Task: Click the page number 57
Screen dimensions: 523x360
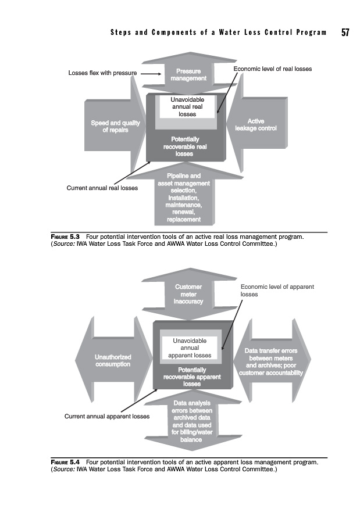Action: click(345, 33)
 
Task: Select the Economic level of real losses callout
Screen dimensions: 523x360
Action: click(272, 69)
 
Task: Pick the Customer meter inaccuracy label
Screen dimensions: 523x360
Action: click(188, 294)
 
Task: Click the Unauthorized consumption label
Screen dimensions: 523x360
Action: click(113, 360)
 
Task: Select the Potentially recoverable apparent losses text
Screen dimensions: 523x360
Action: click(192, 377)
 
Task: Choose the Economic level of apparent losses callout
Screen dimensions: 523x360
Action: click(277, 291)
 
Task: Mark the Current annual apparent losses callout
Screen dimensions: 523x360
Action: click(107, 416)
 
